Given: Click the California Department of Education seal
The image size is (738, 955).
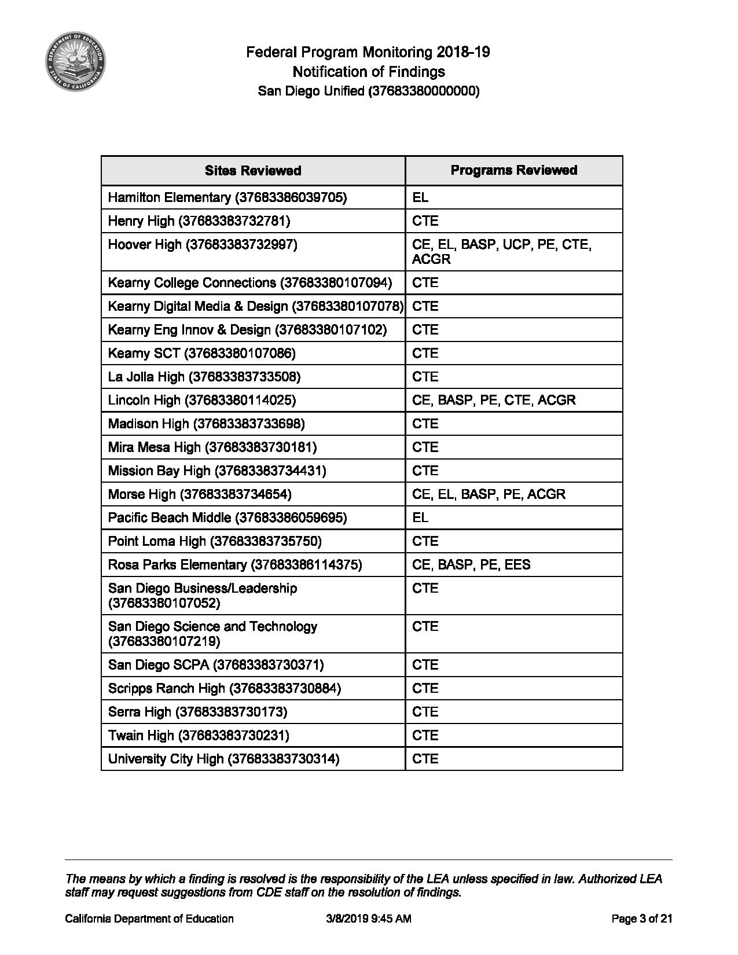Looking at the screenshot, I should [75, 61].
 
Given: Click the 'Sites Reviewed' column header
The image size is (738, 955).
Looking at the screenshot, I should [253, 171].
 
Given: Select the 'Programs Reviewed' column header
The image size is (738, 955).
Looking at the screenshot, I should [513, 170].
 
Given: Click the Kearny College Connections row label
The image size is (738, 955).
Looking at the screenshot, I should [249, 283].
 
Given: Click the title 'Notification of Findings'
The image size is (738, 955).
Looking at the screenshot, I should [369, 72].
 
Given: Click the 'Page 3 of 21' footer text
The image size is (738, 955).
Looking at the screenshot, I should [641, 919].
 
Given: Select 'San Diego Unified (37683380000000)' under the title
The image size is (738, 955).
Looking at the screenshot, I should [369, 91].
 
